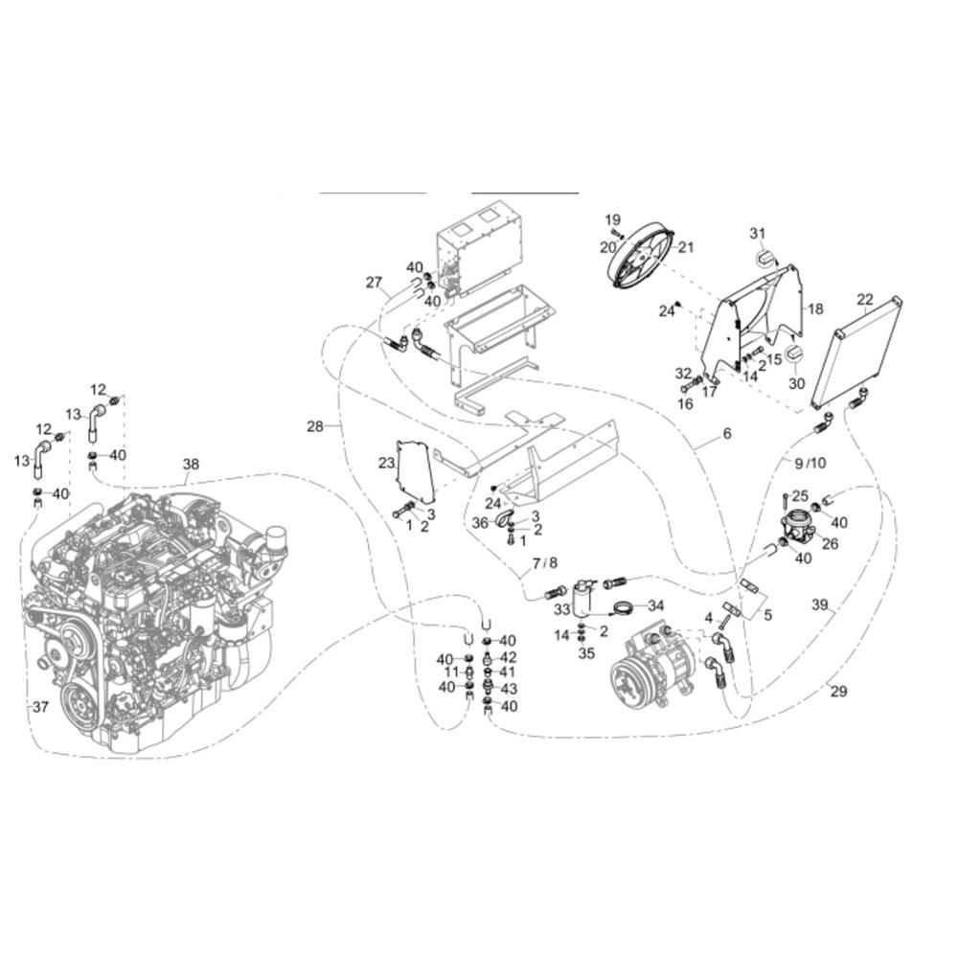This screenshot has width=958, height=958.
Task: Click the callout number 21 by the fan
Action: pyautogui.click(x=686, y=247)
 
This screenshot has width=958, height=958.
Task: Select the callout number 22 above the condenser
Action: pyautogui.click(x=865, y=299)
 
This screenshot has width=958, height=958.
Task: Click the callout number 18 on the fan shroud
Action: pyautogui.click(x=815, y=308)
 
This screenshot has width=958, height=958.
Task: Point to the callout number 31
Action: pyautogui.click(x=758, y=233)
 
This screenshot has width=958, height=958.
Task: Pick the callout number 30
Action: pyautogui.click(x=797, y=383)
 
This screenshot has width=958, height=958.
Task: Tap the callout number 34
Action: pyautogui.click(x=655, y=605)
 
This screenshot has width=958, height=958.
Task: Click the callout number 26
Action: pyautogui.click(x=830, y=543)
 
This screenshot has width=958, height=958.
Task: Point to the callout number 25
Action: pyautogui.click(x=800, y=496)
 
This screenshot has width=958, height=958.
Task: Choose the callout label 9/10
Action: pyautogui.click(x=810, y=463)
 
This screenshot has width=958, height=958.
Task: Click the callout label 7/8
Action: pyautogui.click(x=544, y=562)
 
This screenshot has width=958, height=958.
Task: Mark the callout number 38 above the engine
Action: pyautogui.click(x=191, y=464)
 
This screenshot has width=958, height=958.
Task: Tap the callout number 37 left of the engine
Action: pyautogui.click(x=40, y=707)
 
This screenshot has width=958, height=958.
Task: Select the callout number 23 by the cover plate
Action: pyautogui.click(x=386, y=463)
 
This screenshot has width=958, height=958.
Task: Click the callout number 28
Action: pyautogui.click(x=314, y=426)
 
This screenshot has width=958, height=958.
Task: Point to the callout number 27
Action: pyautogui.click(x=374, y=283)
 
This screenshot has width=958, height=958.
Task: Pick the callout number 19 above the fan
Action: pyautogui.click(x=613, y=219)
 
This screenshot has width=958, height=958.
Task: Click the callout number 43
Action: pyautogui.click(x=509, y=689)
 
